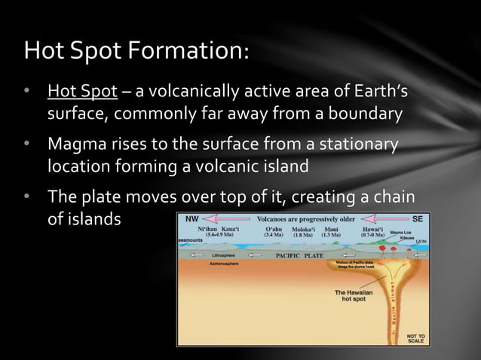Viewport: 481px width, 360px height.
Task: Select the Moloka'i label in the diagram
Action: (306, 227)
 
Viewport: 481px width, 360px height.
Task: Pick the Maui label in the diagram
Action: (332, 227)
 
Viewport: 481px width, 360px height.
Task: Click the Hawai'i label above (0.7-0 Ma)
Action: (372, 227)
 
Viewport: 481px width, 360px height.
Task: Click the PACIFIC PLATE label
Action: (299, 256)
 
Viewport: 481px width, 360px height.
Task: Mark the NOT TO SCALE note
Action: (415, 337)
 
